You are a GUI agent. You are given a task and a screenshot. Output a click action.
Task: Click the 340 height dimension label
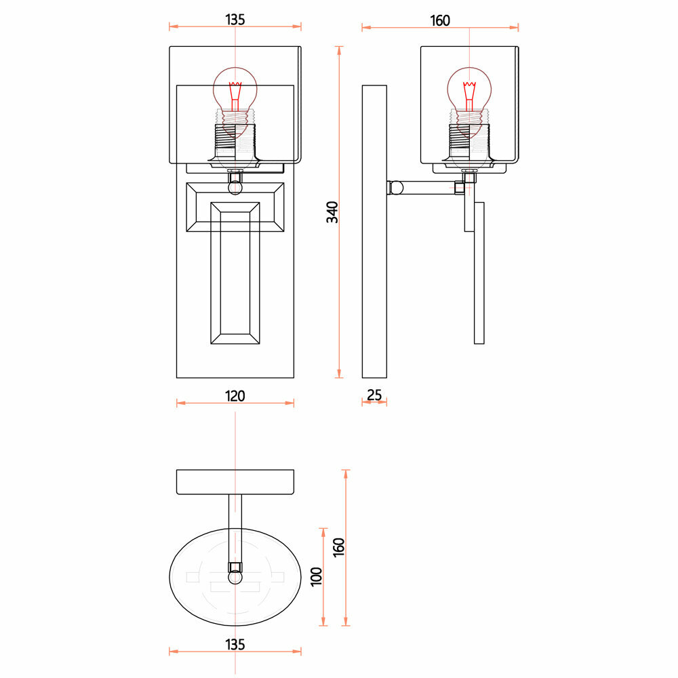click(x=332, y=212)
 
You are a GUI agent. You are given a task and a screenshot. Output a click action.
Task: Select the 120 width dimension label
click(x=235, y=395)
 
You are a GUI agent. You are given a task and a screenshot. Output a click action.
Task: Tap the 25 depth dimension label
click(x=374, y=395)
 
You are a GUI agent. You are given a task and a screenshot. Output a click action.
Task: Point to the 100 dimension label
click(x=315, y=577)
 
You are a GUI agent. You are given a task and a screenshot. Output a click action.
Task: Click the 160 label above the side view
click(x=440, y=21)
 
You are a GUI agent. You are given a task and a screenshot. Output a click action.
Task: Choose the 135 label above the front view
click(x=235, y=20)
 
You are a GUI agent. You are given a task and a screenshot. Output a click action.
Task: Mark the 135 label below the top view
click(x=235, y=644)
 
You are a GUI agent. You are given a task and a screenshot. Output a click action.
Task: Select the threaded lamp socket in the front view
click(x=235, y=139)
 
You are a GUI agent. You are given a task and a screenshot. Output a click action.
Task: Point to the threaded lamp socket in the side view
click(x=468, y=139)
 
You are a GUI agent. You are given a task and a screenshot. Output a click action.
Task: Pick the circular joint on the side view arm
click(x=396, y=187)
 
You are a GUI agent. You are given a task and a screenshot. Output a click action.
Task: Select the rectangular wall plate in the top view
click(x=235, y=482)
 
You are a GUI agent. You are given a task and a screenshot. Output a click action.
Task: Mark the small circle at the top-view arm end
click(x=235, y=578)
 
